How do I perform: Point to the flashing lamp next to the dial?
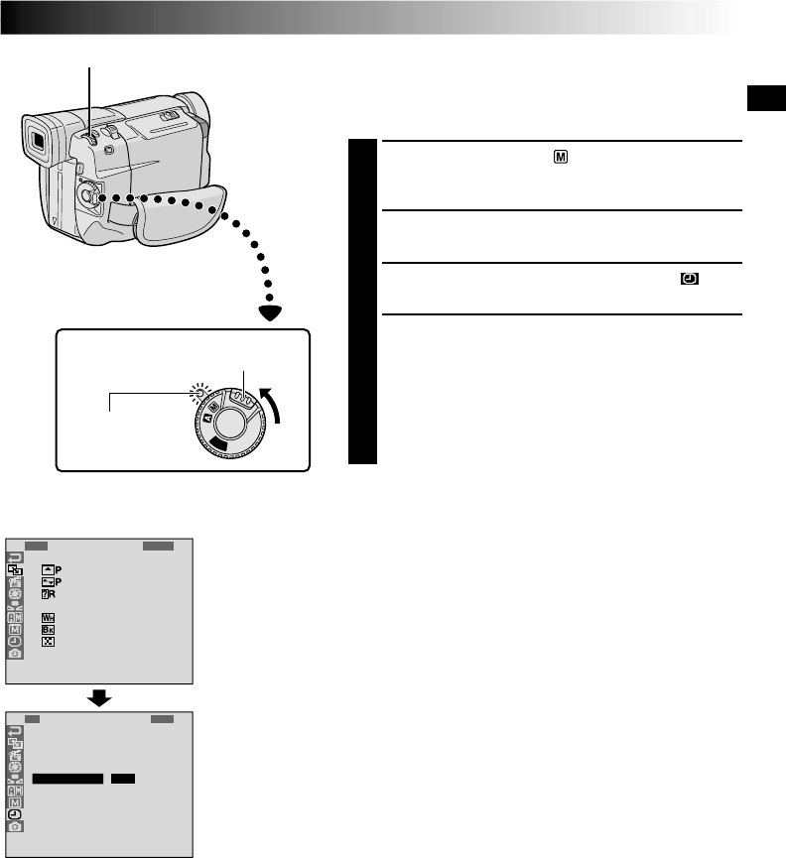199,393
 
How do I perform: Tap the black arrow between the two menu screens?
100,698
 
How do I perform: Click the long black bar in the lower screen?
67,779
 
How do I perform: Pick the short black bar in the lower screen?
122,779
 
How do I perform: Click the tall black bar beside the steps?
364,302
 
